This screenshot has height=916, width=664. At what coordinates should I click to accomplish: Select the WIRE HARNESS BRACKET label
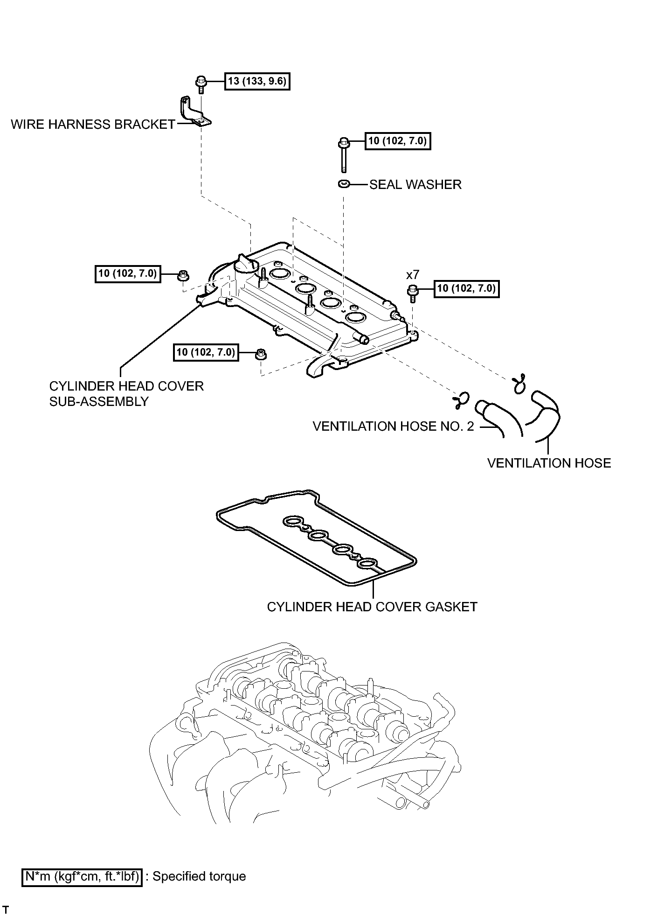[x=93, y=125]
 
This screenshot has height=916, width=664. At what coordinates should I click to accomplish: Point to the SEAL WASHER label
[x=415, y=185]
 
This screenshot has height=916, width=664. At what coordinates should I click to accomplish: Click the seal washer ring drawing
[x=344, y=184]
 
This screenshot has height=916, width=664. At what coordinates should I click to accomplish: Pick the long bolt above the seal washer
[x=344, y=154]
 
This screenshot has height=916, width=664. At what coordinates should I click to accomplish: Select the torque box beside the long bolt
[x=398, y=140]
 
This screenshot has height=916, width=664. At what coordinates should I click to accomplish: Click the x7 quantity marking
[x=413, y=275]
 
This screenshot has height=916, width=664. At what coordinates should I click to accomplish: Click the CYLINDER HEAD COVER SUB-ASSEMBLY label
[x=126, y=394]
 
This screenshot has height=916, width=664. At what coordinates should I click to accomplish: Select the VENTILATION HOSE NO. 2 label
[x=393, y=427]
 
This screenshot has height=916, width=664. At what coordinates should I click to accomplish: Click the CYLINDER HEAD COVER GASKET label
[x=372, y=607]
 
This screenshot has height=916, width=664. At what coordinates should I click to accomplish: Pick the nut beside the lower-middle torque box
[x=261, y=354]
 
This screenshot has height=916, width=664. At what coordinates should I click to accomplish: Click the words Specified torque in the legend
[x=199, y=876]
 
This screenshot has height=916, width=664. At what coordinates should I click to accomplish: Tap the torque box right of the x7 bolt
[x=466, y=288]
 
